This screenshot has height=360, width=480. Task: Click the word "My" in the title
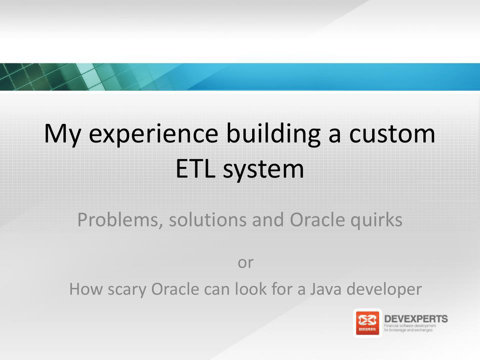click(63, 134)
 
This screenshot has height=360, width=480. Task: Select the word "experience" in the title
click(153, 134)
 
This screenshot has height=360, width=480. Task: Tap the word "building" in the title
click(273, 134)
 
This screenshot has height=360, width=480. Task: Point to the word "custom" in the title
click(392, 134)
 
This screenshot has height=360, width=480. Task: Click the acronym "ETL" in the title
click(195, 168)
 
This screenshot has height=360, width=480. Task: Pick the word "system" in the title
click(263, 170)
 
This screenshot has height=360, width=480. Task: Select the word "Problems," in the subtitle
click(120, 220)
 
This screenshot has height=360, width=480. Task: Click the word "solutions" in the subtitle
click(208, 219)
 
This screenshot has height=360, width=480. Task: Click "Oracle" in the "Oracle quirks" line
click(317, 219)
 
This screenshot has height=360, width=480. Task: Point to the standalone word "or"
click(246, 262)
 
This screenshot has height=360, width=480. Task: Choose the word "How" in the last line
click(86, 289)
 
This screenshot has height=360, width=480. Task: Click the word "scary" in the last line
click(127, 290)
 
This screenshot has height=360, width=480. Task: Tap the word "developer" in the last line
click(384, 290)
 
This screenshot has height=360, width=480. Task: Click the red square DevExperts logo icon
click(367, 323)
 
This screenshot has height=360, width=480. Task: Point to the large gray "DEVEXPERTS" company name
click(416, 319)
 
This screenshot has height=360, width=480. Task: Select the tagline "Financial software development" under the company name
click(410, 326)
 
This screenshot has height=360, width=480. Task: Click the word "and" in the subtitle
click(268, 219)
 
